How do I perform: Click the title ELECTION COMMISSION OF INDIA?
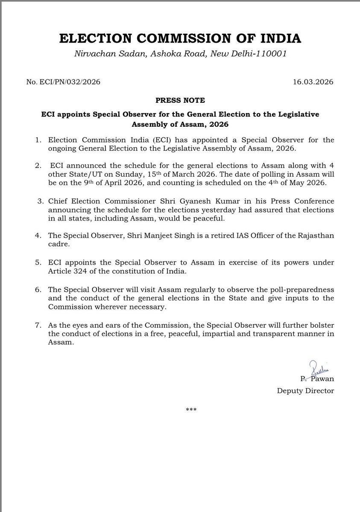(180, 38)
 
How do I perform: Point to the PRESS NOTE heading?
(180, 101)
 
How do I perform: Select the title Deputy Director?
(306, 390)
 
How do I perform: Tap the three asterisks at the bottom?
(191, 410)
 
